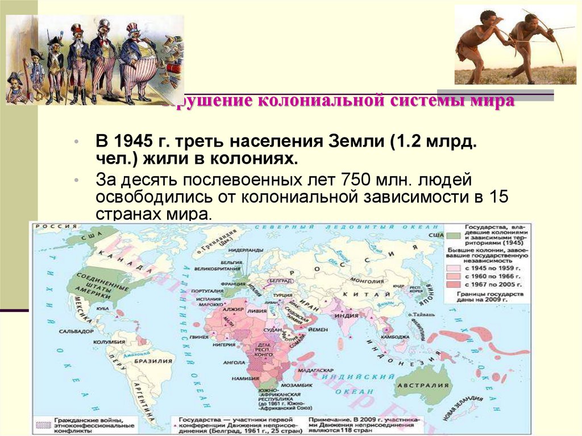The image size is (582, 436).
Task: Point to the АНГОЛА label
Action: (x=234, y=361)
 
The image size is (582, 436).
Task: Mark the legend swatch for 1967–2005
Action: (x=454, y=283)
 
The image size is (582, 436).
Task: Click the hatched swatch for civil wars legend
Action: (x=43, y=425)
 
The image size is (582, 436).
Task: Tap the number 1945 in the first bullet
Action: (x=132, y=140)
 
